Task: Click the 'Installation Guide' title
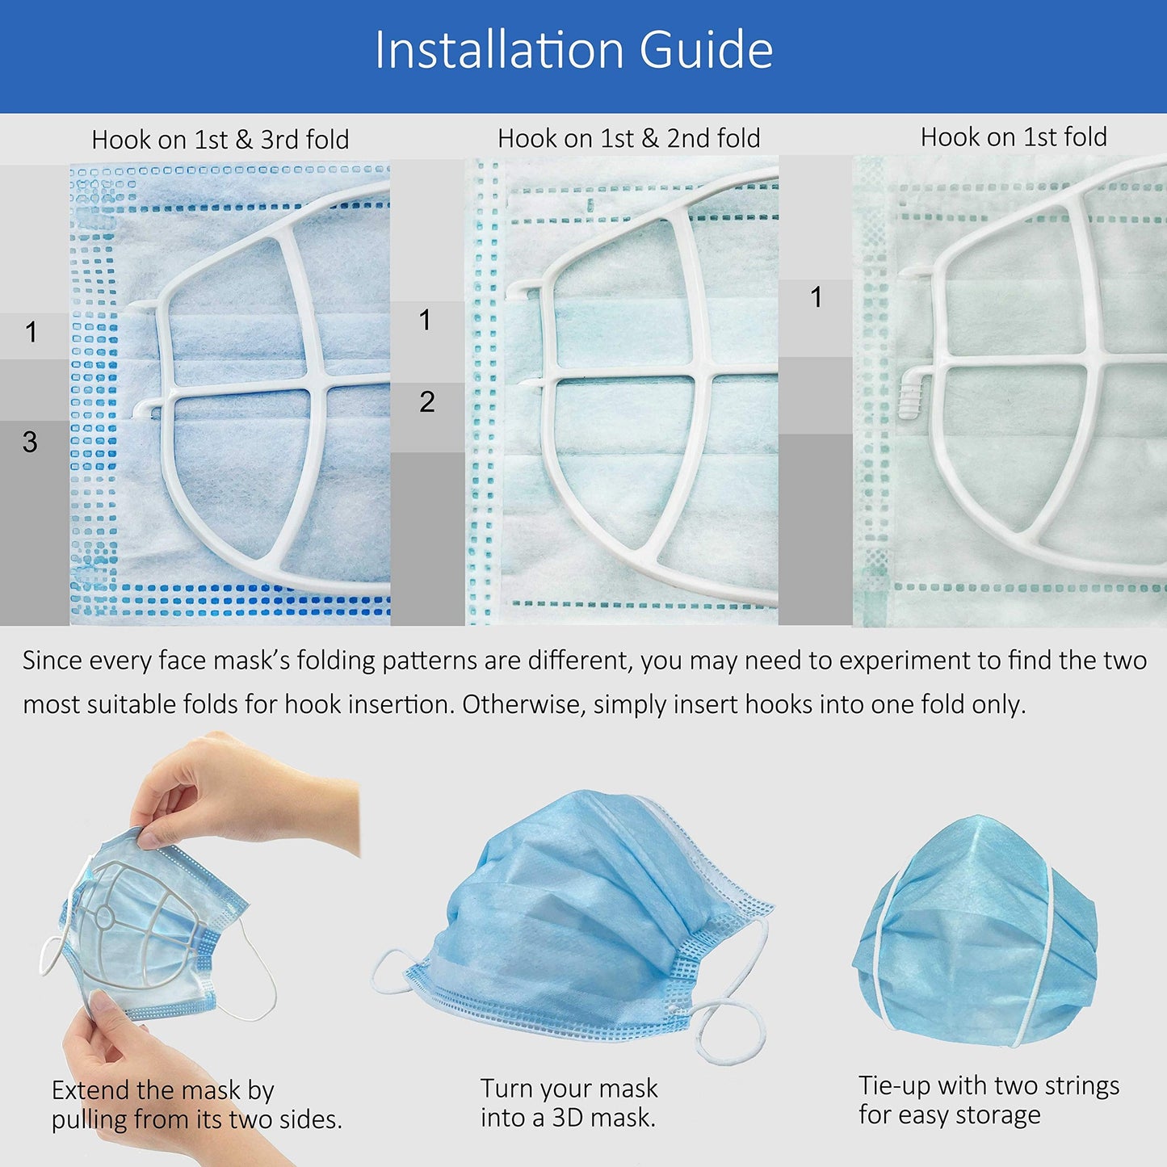coord(573,50)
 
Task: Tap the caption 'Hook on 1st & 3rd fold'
coord(220,140)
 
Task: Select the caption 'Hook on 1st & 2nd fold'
coord(628,138)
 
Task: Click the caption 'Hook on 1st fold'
coord(1014,137)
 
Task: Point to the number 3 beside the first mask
coord(30,442)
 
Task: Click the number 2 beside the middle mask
coord(427,401)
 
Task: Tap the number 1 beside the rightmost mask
coord(816,297)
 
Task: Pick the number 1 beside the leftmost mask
coord(31,332)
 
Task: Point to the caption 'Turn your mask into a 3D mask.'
coord(569,1102)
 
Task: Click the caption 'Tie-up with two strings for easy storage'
coord(989,1099)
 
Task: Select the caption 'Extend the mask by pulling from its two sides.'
coord(196,1104)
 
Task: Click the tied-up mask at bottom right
coord(975,929)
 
